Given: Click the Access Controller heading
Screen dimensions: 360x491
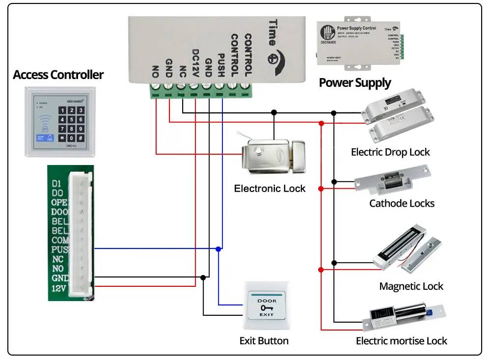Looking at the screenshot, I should pyautogui.click(x=58, y=75).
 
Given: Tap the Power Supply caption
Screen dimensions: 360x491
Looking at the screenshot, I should pyautogui.click(x=355, y=83).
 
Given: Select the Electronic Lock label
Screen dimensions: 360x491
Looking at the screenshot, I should pyautogui.click(x=270, y=189).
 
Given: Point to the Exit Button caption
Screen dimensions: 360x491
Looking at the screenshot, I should pyautogui.click(x=264, y=341).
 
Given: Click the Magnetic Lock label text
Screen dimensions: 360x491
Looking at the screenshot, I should pyautogui.click(x=411, y=286).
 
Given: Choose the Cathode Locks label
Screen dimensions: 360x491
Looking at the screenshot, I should pyautogui.click(x=402, y=203).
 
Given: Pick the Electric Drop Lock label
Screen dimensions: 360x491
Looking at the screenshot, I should pyautogui.click(x=390, y=152).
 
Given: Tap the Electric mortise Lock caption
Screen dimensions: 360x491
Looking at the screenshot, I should pyautogui.click(x=402, y=341).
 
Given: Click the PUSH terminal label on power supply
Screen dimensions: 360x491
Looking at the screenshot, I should pyautogui.click(x=221, y=65).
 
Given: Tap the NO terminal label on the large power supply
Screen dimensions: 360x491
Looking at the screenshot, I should pyautogui.click(x=156, y=72).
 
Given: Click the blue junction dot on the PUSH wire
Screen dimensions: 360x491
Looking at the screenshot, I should pyautogui.click(x=218, y=249).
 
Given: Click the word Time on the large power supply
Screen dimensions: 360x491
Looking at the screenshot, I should pyautogui.click(x=273, y=32).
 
